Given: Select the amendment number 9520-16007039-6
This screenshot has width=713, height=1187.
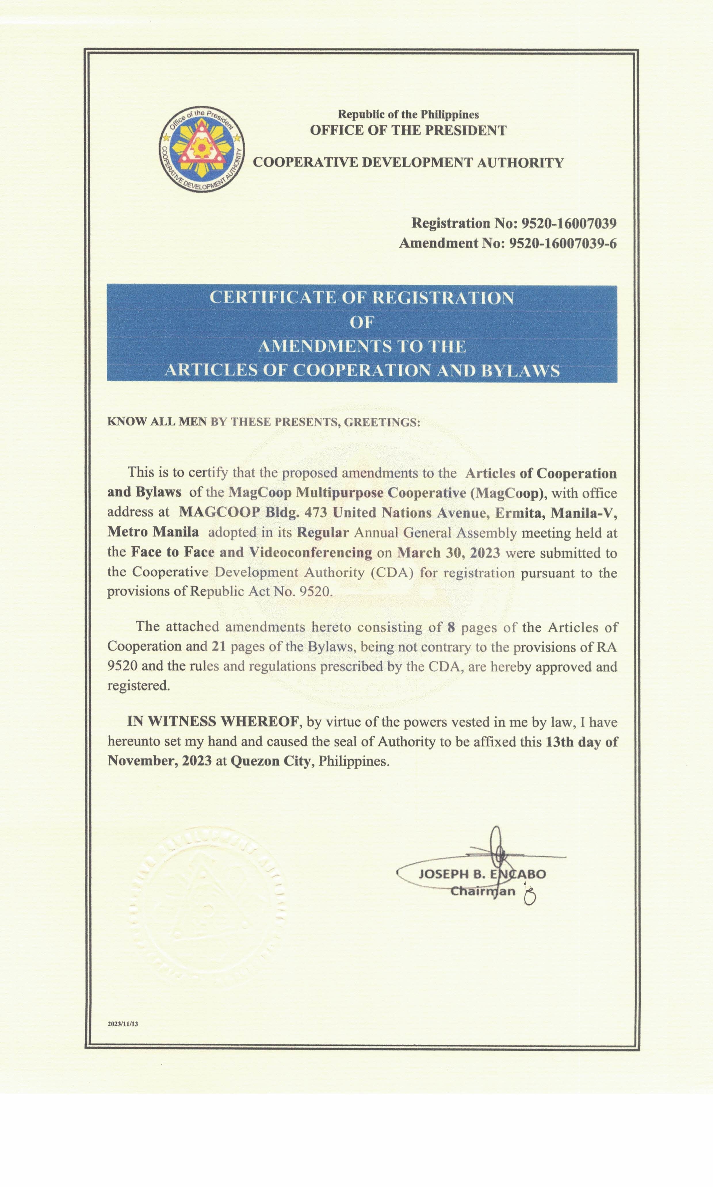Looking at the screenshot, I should click(562, 244).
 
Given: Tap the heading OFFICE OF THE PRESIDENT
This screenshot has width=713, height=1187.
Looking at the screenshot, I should click(408, 131).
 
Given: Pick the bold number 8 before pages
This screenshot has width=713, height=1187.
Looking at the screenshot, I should click(451, 627).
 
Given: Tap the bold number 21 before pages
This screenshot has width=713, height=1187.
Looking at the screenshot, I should click(219, 647).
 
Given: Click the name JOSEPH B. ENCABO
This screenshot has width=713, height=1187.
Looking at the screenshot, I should click(482, 874).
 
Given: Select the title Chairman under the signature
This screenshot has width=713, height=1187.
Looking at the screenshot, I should click(482, 892).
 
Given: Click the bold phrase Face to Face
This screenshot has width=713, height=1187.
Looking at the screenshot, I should click(173, 552).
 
